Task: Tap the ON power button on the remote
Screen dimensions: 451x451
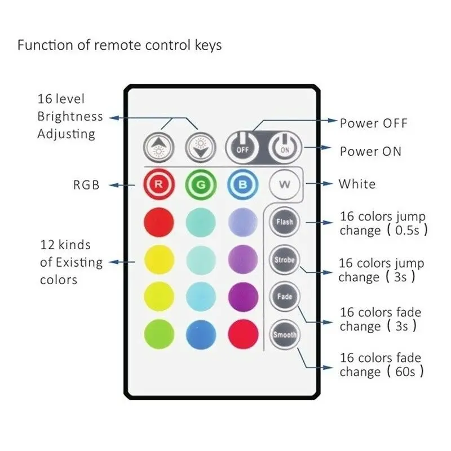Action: pyautogui.click(x=284, y=149)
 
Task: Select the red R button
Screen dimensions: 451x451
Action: pyautogui.click(x=159, y=184)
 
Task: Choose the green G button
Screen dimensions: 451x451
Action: pyautogui.click(x=200, y=184)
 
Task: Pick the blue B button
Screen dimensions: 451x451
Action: pyautogui.click(x=242, y=184)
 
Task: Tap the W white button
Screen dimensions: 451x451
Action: pyautogui.click(x=284, y=184)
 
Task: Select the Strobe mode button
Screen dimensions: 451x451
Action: pyautogui.click(x=284, y=260)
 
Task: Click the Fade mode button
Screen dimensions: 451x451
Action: pyautogui.click(x=284, y=297)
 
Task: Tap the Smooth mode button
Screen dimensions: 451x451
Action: pyautogui.click(x=284, y=335)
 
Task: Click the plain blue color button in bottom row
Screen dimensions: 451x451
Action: pyautogui.click(x=200, y=333)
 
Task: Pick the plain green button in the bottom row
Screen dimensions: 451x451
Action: pyautogui.click(x=159, y=333)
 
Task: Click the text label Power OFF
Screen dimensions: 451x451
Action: pyautogui.click(x=373, y=123)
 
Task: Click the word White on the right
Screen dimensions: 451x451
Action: pyautogui.click(x=357, y=184)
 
